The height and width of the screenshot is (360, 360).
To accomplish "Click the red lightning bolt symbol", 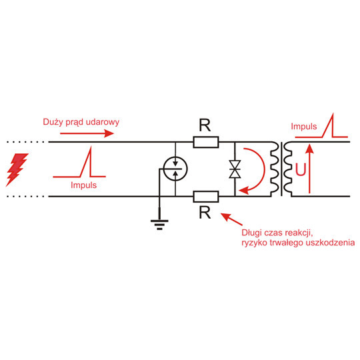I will [17, 170].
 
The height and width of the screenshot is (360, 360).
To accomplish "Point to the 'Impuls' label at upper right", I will [304, 126].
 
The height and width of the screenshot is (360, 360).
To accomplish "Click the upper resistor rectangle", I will [205, 141].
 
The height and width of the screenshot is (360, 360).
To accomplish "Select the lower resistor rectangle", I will [205, 196].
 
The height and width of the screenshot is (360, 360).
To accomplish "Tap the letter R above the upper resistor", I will [205, 124].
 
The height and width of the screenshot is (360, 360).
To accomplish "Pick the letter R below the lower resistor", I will [205, 213].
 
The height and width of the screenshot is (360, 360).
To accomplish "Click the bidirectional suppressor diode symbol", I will [235, 169].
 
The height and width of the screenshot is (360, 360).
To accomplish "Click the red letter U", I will [301, 170].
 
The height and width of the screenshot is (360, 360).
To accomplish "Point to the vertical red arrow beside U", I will [308, 169].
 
